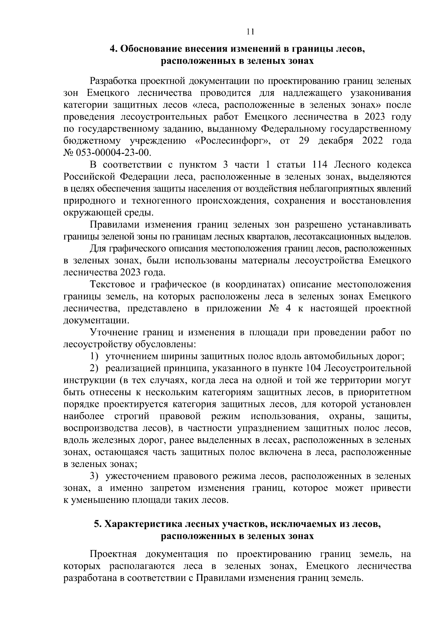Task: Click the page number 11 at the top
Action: click(250, 32)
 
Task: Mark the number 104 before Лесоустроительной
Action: click(313, 368)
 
